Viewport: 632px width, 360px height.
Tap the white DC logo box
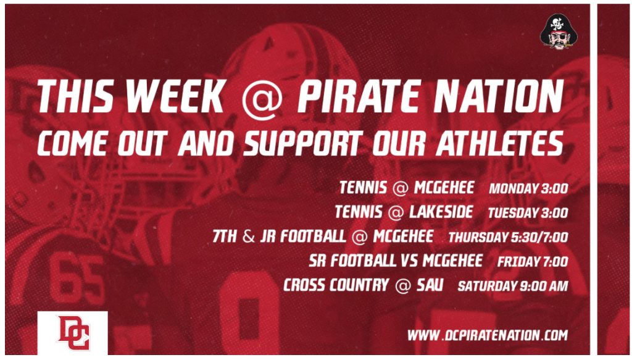coord(73,333)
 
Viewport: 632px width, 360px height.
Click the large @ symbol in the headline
coord(262,98)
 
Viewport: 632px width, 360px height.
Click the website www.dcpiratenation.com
coord(488,335)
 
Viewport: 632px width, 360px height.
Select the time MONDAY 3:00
coord(528,188)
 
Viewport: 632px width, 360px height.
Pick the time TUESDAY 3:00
coord(528,213)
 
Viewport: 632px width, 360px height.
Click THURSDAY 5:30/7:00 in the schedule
coord(509,237)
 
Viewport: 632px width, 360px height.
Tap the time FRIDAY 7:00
coord(533,262)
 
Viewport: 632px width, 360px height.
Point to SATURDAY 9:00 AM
coord(513,287)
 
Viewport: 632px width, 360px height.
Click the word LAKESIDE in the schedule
coord(441,212)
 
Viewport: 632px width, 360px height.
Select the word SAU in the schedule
coord(430,285)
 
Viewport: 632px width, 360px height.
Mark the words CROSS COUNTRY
coord(336,285)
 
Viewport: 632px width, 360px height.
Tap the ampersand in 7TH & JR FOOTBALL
coord(249,237)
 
